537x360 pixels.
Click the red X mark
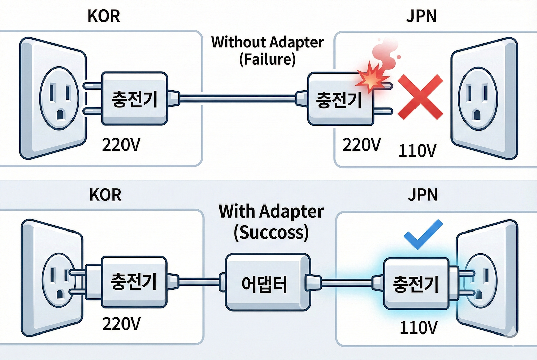pyautogui.click(x=420, y=97)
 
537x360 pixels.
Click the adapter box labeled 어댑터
pyautogui.click(x=267, y=282)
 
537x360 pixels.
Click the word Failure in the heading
pyautogui.click(x=267, y=60)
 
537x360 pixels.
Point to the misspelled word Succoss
pyautogui.click(x=271, y=232)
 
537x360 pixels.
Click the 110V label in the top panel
pyautogui.click(x=417, y=151)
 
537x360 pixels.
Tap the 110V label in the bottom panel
pyautogui.click(x=419, y=328)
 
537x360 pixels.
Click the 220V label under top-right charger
pyautogui.click(x=361, y=145)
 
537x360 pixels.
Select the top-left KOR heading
pyautogui.click(x=104, y=16)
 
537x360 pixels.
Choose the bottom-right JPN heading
pyautogui.click(x=423, y=195)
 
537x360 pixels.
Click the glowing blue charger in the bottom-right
pyautogui.click(x=416, y=284)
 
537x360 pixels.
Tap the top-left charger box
pyautogui.click(x=135, y=99)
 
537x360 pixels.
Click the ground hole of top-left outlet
pyautogui.click(x=60, y=115)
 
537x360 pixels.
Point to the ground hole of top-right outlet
pyautogui.click(x=477, y=115)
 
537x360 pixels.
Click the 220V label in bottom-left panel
pyautogui.click(x=121, y=324)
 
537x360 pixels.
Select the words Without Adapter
pyautogui.click(x=267, y=42)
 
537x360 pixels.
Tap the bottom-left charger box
pyautogui.click(x=134, y=282)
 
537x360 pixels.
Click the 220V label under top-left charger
pyautogui.click(x=121, y=145)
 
